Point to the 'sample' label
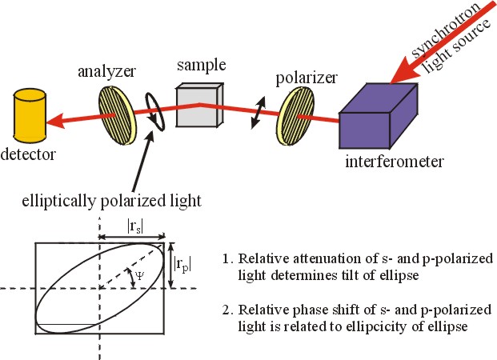202,66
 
